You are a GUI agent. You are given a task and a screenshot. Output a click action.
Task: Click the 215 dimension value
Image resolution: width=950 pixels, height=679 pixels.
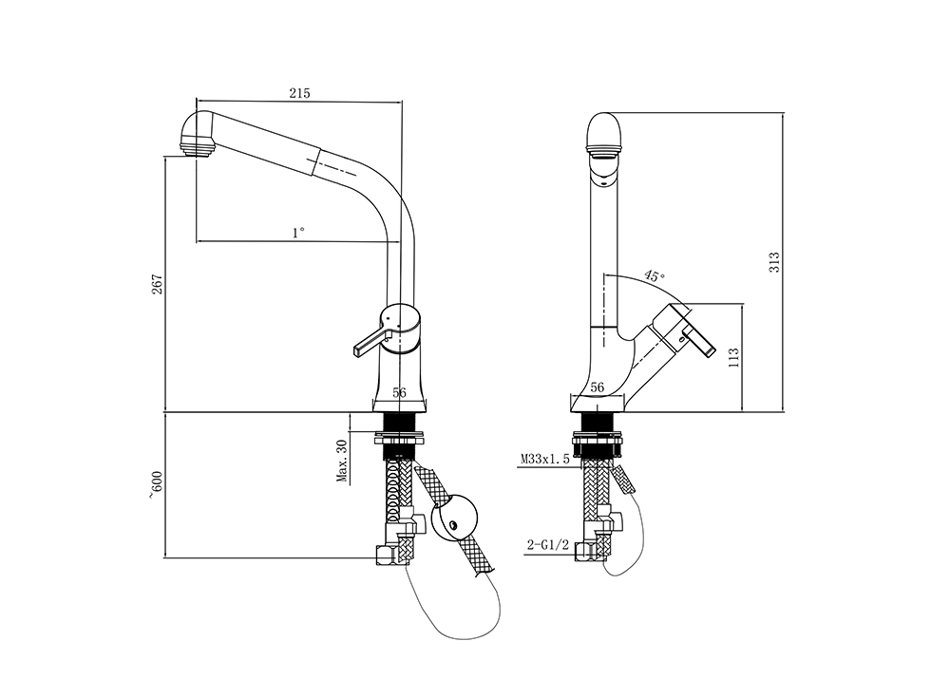[300, 93]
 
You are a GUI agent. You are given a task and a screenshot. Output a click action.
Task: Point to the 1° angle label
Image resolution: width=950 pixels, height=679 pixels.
[299, 232]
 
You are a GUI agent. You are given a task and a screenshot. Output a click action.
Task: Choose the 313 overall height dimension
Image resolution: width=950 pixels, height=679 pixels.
[774, 262]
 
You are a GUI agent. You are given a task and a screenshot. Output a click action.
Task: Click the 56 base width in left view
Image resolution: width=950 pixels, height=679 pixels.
[399, 391]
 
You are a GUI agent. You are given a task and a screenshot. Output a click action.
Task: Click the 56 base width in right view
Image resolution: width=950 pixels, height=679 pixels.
[598, 387]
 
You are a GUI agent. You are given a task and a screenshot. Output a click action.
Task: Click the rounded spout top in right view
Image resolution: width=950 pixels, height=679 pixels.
[604, 127]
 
